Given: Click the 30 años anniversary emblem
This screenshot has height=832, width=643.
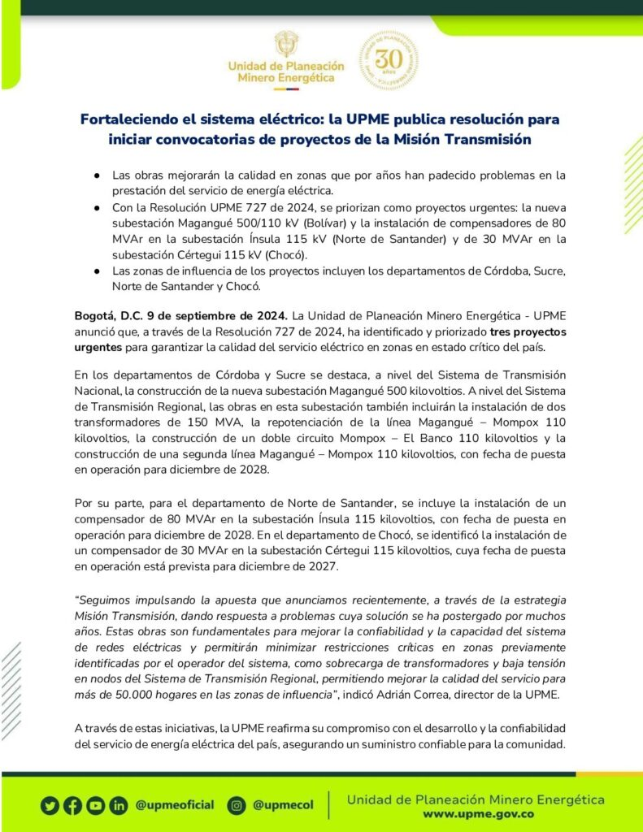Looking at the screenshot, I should [x=389, y=60].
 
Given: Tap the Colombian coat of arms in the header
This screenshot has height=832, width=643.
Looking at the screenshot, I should [x=285, y=45].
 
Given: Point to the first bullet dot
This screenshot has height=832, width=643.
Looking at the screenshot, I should [x=97, y=175].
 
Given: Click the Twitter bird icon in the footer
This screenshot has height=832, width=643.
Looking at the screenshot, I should [x=50, y=805].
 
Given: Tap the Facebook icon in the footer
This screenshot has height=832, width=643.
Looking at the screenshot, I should [x=73, y=805].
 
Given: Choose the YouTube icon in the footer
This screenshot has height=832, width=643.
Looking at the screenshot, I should [x=96, y=805].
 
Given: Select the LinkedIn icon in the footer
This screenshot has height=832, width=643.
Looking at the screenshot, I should [x=119, y=805].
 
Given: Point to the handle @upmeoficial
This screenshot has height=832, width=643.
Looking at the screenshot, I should [x=175, y=805].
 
